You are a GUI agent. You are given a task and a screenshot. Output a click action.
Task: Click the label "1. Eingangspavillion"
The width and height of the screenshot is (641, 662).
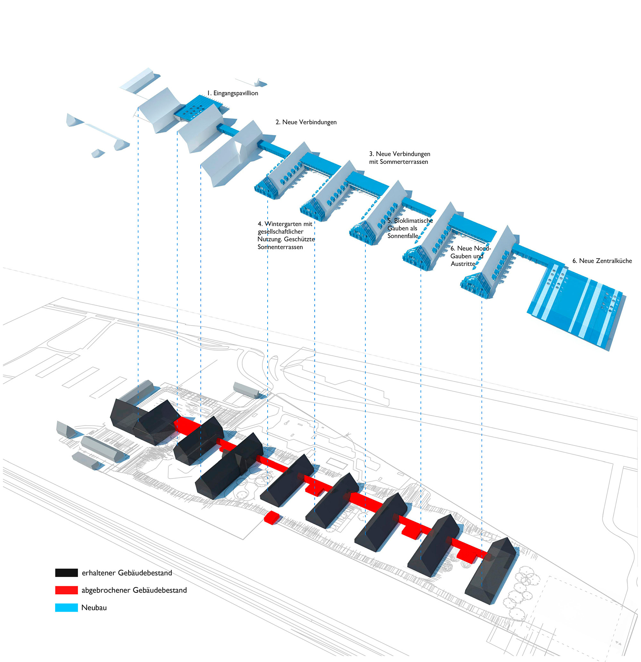click(233, 93)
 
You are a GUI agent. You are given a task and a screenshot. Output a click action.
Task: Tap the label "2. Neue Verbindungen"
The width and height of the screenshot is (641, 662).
click(306, 122)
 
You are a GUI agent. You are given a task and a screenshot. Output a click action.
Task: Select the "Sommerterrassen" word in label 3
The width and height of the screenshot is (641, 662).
click(404, 162)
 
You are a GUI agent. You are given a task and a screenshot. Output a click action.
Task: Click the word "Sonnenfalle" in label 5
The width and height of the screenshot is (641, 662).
click(403, 236)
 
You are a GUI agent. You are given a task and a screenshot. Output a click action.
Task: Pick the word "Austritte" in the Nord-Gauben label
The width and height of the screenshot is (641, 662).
click(463, 264)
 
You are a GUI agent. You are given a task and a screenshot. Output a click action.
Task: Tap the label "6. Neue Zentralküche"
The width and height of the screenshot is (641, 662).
click(602, 261)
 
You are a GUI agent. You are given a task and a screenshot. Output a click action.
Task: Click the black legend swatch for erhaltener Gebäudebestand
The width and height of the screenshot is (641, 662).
click(66, 573)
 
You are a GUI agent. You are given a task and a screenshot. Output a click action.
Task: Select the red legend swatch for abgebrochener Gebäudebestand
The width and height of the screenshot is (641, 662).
click(66, 590)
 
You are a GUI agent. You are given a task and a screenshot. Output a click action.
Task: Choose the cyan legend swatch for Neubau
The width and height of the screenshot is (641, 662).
click(66, 607)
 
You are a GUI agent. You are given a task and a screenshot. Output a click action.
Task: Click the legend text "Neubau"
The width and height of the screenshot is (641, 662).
click(94, 607)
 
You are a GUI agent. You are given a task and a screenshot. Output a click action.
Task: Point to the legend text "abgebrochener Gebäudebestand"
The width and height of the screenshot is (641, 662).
click(134, 590)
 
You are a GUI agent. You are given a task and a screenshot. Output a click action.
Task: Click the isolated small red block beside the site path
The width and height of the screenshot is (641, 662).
click(271, 517)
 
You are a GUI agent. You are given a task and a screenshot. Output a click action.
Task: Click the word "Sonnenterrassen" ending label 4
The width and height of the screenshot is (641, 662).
click(280, 247)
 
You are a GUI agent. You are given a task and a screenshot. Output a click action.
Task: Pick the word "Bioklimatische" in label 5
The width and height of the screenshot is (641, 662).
click(413, 221)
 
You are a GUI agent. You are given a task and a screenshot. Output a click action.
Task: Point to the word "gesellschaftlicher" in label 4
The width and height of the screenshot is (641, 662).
click(280, 232)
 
